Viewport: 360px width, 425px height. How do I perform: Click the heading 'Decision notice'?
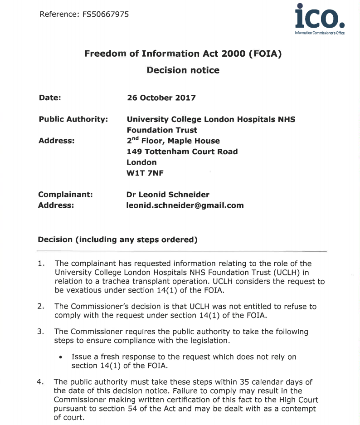coord(183,70)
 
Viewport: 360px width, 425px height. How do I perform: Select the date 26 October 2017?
coord(161,98)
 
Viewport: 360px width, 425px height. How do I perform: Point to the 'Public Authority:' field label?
coord(73,119)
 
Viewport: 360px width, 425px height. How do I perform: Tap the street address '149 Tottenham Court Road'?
coord(182,151)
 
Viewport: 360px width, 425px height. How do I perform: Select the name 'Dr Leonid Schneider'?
coord(168,195)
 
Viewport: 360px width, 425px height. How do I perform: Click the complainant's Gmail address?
coord(185,205)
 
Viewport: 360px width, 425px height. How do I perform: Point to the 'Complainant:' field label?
coord(66,195)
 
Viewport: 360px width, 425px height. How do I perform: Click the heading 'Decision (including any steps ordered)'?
coord(117,239)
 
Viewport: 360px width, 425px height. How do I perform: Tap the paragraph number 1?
coord(41,264)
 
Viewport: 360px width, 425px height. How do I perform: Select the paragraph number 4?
coord(40,382)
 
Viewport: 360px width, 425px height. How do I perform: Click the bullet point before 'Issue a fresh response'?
coord(60,357)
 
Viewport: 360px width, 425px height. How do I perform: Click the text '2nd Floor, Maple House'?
coord(173,141)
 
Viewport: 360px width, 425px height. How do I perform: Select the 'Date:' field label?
coord(50,98)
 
